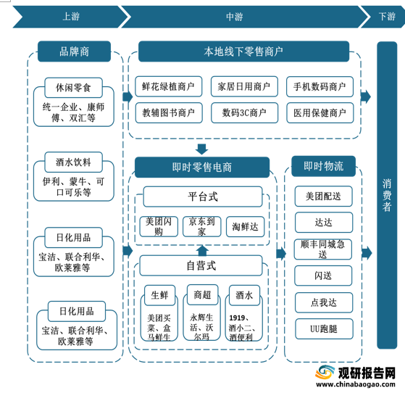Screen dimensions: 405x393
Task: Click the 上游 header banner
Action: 70,17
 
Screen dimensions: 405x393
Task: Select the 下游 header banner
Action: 385,17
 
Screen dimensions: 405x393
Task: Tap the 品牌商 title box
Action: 74,51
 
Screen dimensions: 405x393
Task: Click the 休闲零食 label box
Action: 73,88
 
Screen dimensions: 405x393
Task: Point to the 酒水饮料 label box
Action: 73,162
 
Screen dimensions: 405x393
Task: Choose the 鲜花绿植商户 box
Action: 168,86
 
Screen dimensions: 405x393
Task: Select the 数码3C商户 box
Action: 244,112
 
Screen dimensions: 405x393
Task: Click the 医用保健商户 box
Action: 320,112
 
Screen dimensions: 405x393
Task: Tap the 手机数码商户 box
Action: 320,86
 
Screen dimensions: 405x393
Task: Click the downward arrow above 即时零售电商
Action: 201,149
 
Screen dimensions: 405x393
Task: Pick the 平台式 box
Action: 203,196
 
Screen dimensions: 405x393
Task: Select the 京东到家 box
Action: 201,226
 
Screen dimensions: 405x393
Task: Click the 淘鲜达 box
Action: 245,227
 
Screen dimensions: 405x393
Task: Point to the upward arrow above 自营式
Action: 202,250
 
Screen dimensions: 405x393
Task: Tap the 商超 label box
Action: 202,294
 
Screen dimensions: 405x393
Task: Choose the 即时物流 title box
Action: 323,166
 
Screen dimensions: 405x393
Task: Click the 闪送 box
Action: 323,276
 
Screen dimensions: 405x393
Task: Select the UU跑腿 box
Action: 324,329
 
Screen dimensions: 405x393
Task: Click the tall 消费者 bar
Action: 387,195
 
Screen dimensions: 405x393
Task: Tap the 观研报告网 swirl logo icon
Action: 325,372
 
